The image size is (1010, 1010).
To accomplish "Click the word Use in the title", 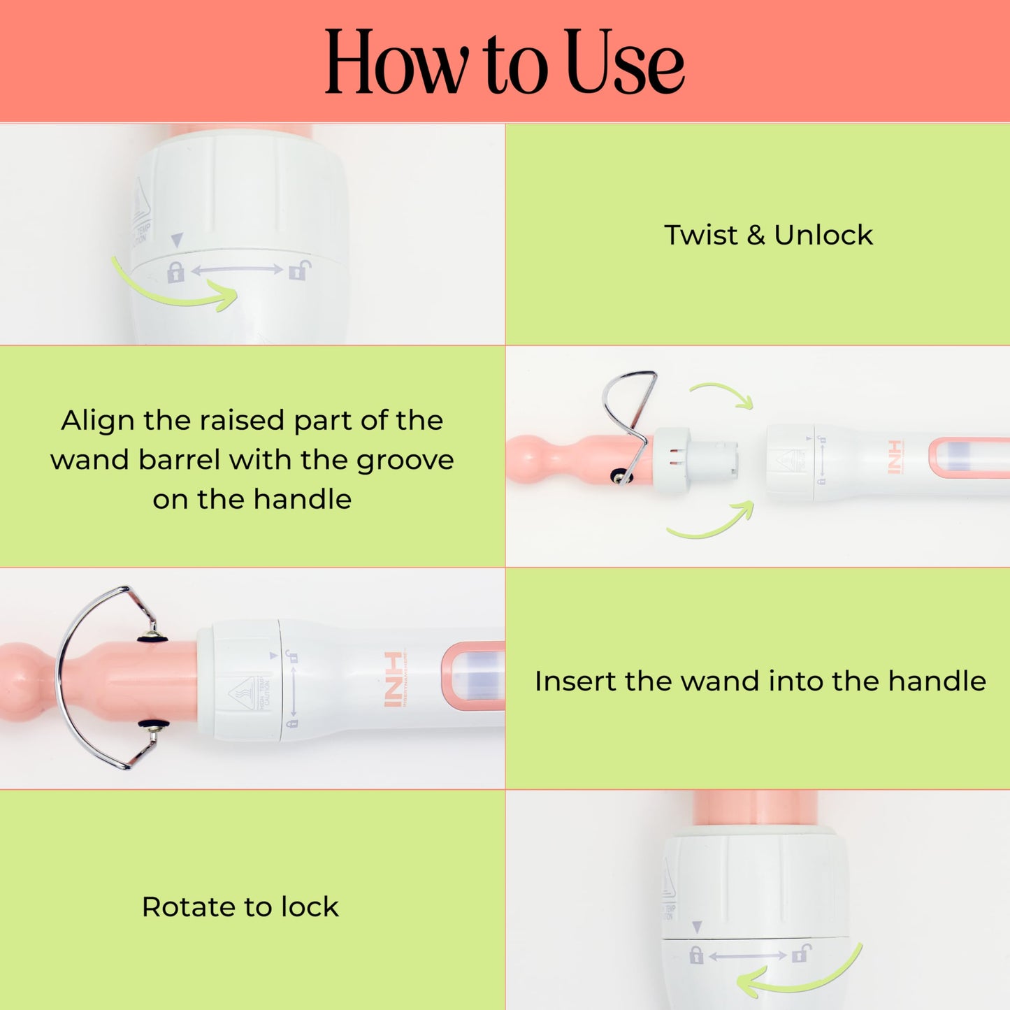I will pos(624,63).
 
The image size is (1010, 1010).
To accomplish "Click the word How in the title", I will pos(396,63).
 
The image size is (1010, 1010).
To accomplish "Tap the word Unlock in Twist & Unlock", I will pos(823,236).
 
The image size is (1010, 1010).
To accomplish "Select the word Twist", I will pos(700,236).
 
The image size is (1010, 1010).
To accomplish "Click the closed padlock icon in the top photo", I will pos(175,271).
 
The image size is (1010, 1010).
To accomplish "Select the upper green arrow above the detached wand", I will pos(723,394).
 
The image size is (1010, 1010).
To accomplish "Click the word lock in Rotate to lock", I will pos(310,907).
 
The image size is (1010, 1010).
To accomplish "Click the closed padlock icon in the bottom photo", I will pos(695,955).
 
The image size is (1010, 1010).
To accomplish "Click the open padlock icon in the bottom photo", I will pos(801,953).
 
